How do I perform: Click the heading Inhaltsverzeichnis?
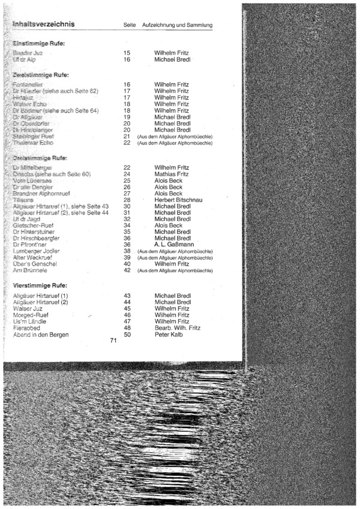coord(43,25)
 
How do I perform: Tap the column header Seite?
coord(129,25)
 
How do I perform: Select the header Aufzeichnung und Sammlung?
coord(177,25)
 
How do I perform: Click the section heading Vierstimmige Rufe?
coord(40,285)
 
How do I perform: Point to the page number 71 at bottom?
coord(113,341)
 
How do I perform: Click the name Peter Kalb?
coord(169,335)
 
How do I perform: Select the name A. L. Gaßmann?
coord(172,245)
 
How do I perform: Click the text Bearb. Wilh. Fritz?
coord(177,328)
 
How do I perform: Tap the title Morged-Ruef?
coord(30,315)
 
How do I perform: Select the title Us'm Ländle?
coord(28,321)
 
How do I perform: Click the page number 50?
coord(127,335)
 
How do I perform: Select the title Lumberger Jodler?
coord(35,251)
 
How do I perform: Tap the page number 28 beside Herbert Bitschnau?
coord(127,200)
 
